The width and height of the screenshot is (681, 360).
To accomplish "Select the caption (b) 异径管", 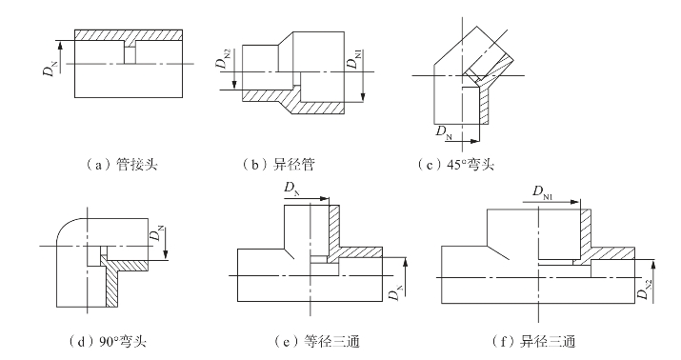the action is [x=278, y=165].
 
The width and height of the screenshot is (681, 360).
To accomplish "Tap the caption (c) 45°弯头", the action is [x=455, y=165].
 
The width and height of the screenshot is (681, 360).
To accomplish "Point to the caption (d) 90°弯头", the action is [x=108, y=342].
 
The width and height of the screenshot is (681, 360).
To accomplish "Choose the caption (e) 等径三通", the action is [x=317, y=342].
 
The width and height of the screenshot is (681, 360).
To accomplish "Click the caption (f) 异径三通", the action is [x=533, y=342].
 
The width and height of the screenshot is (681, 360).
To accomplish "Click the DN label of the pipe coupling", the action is [x=50, y=69].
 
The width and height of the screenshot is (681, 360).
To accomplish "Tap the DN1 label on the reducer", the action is [x=353, y=60].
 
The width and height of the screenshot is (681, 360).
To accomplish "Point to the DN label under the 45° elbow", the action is [x=444, y=131].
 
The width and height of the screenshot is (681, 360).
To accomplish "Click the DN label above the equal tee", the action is [x=292, y=189].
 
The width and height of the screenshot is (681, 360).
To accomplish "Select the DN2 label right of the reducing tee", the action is [x=645, y=290].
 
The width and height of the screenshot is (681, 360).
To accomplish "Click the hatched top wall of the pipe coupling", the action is [x=129, y=35].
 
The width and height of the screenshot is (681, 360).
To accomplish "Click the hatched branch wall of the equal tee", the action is [x=333, y=230].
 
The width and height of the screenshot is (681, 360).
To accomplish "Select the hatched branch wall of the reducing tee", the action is [x=586, y=233].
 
